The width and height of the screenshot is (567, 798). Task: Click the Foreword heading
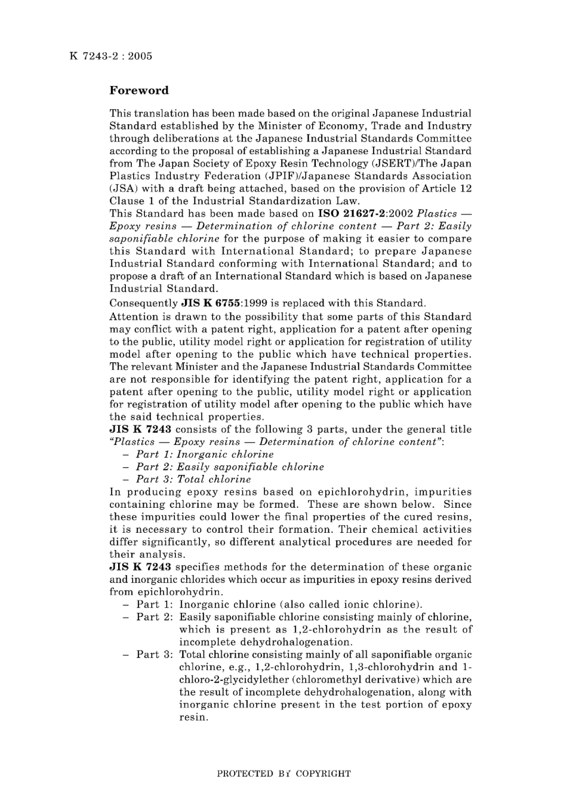[139, 91]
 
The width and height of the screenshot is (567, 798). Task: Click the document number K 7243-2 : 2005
[110, 57]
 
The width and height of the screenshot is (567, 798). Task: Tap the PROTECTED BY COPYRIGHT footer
[283, 774]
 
